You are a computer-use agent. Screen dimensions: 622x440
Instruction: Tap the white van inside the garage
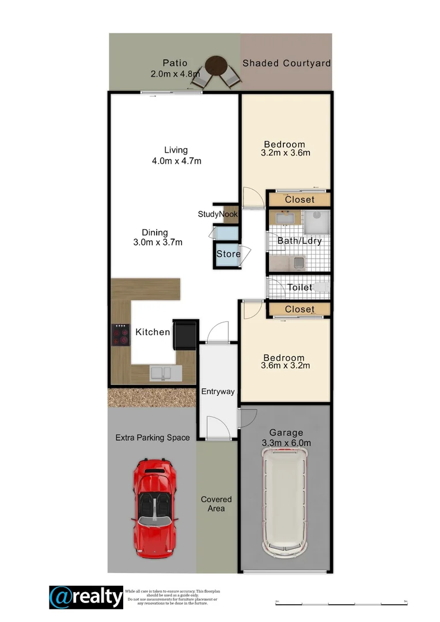285,500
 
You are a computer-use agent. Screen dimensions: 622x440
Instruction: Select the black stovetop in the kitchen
121,335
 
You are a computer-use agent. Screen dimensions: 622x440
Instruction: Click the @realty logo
86,597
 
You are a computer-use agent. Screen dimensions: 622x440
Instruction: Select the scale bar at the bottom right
342,603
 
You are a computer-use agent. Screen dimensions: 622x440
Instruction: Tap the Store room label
228,254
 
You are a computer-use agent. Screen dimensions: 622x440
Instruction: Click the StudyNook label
218,214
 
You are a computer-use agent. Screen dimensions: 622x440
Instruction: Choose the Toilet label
299,287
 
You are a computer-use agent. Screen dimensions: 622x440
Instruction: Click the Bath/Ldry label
299,241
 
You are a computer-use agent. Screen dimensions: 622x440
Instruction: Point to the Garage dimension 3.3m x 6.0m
286,443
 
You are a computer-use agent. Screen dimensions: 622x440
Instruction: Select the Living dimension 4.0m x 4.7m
176,161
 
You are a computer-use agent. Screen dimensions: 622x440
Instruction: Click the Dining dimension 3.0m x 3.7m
157,242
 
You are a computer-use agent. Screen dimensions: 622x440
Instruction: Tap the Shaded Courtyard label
286,63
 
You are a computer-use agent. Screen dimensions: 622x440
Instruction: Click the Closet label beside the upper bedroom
299,199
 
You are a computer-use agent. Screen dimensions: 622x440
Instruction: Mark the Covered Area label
217,504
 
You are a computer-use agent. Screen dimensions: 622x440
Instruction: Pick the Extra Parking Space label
153,438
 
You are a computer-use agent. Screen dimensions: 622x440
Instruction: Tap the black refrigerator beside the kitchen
185,335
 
